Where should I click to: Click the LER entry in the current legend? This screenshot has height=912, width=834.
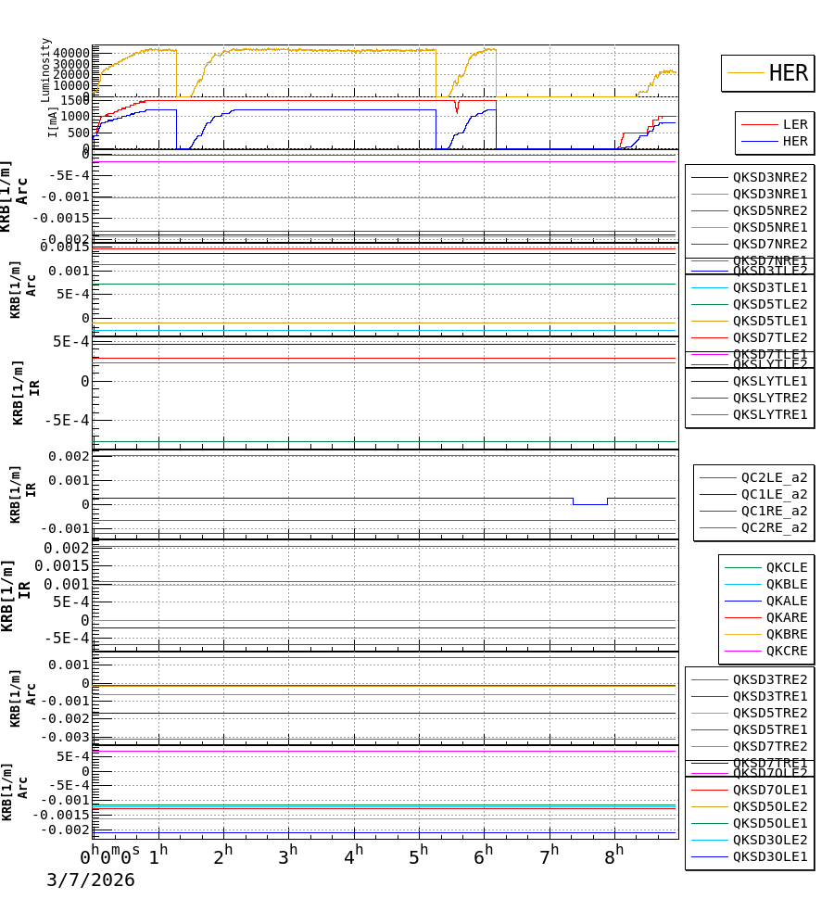coord(795,124)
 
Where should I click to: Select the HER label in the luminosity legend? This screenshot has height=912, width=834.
coord(788,73)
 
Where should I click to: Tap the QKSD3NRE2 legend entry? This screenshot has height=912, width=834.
coord(769,177)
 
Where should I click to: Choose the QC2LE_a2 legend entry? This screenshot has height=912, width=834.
coord(774,477)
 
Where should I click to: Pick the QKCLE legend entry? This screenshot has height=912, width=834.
coord(786,567)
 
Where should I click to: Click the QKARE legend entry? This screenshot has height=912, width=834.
coord(786,617)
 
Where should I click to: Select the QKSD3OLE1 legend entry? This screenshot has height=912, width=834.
coord(769,856)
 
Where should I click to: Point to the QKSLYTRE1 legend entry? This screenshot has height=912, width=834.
coord(769,414)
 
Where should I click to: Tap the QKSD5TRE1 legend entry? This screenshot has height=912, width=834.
coord(769,729)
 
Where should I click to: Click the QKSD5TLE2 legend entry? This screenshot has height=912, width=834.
coord(769,304)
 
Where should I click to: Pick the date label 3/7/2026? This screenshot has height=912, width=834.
coord(91,880)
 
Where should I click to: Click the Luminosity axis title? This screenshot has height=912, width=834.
coord(45,70)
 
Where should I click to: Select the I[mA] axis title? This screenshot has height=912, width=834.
coord(53,121)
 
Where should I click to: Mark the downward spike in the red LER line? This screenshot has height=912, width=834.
coord(456,109)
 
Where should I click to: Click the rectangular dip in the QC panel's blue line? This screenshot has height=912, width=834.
coord(589,503)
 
